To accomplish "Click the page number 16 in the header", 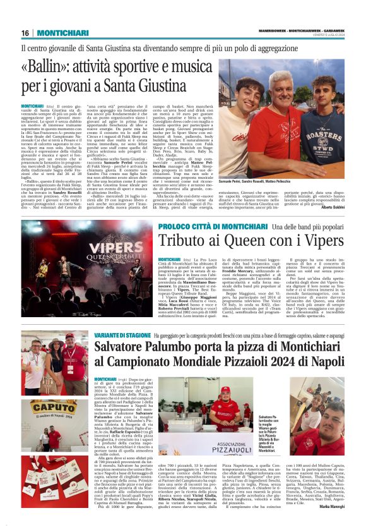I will coord(25,33).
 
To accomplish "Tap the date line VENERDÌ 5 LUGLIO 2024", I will coord(328,35).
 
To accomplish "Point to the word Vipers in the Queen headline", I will coord(309,241).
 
